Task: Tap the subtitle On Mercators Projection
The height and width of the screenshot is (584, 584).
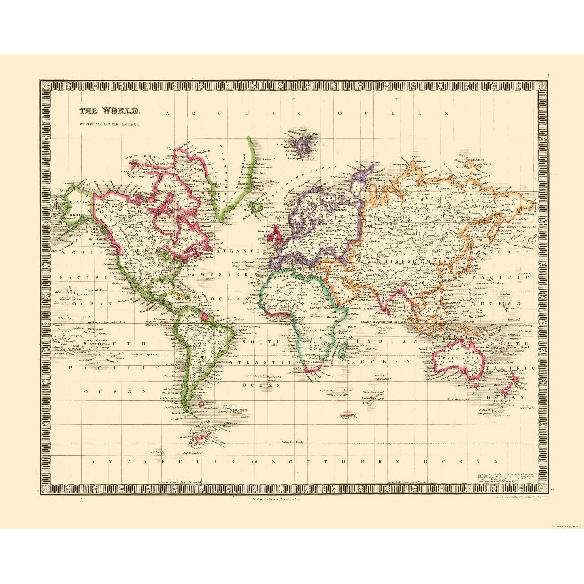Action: tap(109, 124)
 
